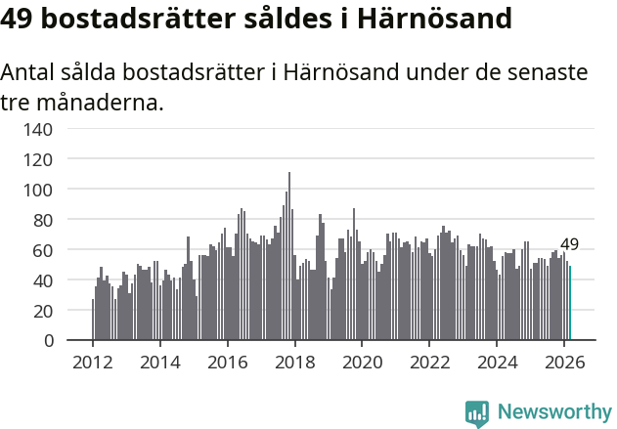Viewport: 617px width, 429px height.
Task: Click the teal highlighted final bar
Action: (570, 303)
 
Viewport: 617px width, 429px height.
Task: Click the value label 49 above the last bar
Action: (569, 244)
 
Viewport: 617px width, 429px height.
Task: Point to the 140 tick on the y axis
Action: (52, 128)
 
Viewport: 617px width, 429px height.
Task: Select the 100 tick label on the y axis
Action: (52, 189)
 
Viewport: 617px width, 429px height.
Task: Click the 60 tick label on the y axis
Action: (56, 250)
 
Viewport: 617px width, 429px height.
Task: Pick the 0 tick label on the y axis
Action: (61, 341)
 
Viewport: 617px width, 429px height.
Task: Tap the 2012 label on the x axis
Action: (93, 362)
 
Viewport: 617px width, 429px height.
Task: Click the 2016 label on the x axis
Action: (227, 362)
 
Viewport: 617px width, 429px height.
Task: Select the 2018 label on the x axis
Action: (294, 362)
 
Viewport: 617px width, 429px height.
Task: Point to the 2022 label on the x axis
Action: (428, 362)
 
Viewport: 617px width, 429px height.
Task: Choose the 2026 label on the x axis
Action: (563, 362)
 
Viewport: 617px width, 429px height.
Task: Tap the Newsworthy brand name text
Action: (553, 412)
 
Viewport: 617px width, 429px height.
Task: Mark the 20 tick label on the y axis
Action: (56, 311)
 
